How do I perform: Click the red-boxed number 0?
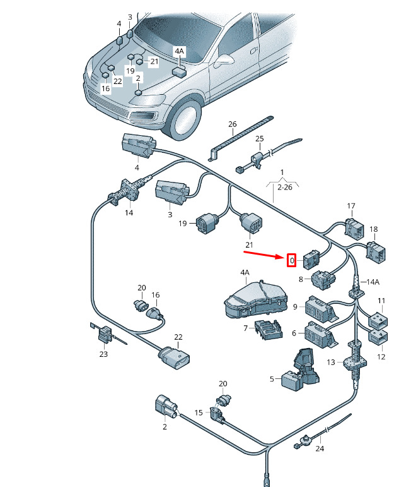pyautogui.click(x=291, y=260)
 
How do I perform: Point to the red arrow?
pyautogui.click(x=265, y=255)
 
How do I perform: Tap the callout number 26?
pyautogui.click(x=232, y=124)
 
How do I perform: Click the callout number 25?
pyautogui.click(x=259, y=138)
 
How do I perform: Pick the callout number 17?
pyautogui.click(x=351, y=206)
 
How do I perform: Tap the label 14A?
pyautogui.click(x=373, y=282)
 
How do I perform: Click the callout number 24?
pyautogui.click(x=319, y=449)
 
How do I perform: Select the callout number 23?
pyautogui.click(x=103, y=354)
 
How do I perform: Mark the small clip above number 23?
pyautogui.click(x=103, y=332)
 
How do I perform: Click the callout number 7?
pyautogui.click(x=245, y=328)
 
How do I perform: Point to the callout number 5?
pyautogui.click(x=272, y=379)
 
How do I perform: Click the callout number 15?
pyautogui.click(x=199, y=412)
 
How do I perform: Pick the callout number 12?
pyautogui.click(x=381, y=357)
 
